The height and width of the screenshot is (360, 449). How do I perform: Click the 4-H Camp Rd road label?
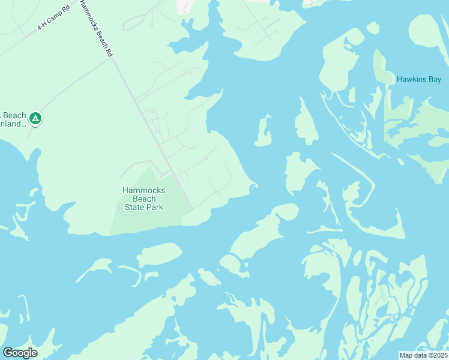(x=53, y=17)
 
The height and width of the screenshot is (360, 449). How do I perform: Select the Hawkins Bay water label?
(x=418, y=79)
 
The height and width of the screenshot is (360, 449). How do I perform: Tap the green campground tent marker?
(x=35, y=119)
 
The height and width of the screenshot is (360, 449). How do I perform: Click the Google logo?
(x=20, y=353)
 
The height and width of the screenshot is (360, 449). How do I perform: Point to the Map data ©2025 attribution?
(x=423, y=355)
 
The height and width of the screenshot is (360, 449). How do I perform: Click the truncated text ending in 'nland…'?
(x=14, y=124)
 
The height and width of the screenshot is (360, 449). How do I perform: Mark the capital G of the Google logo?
(x=8, y=353)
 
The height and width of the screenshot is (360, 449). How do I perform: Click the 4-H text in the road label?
(x=42, y=26)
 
